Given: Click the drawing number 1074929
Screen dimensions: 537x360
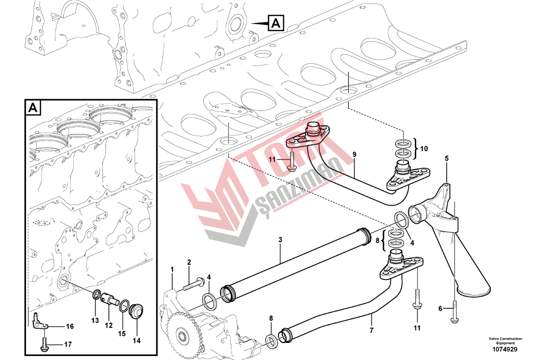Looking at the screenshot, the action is tap(505, 350).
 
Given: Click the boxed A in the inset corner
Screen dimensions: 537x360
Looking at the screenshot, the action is tap(33, 108).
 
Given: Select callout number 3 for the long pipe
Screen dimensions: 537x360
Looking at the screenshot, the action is tap(280, 240).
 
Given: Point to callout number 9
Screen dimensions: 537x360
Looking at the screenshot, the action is tap(354, 154).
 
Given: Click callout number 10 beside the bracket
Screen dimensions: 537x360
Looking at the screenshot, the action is tap(424, 149).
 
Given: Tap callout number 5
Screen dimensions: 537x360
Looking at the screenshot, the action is tap(447, 158).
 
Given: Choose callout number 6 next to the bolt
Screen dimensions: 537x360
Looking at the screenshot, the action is tap(440, 309).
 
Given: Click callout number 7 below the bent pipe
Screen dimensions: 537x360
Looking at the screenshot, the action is tap(372, 330).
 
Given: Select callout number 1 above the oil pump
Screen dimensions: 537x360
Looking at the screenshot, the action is tap(172, 270).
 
